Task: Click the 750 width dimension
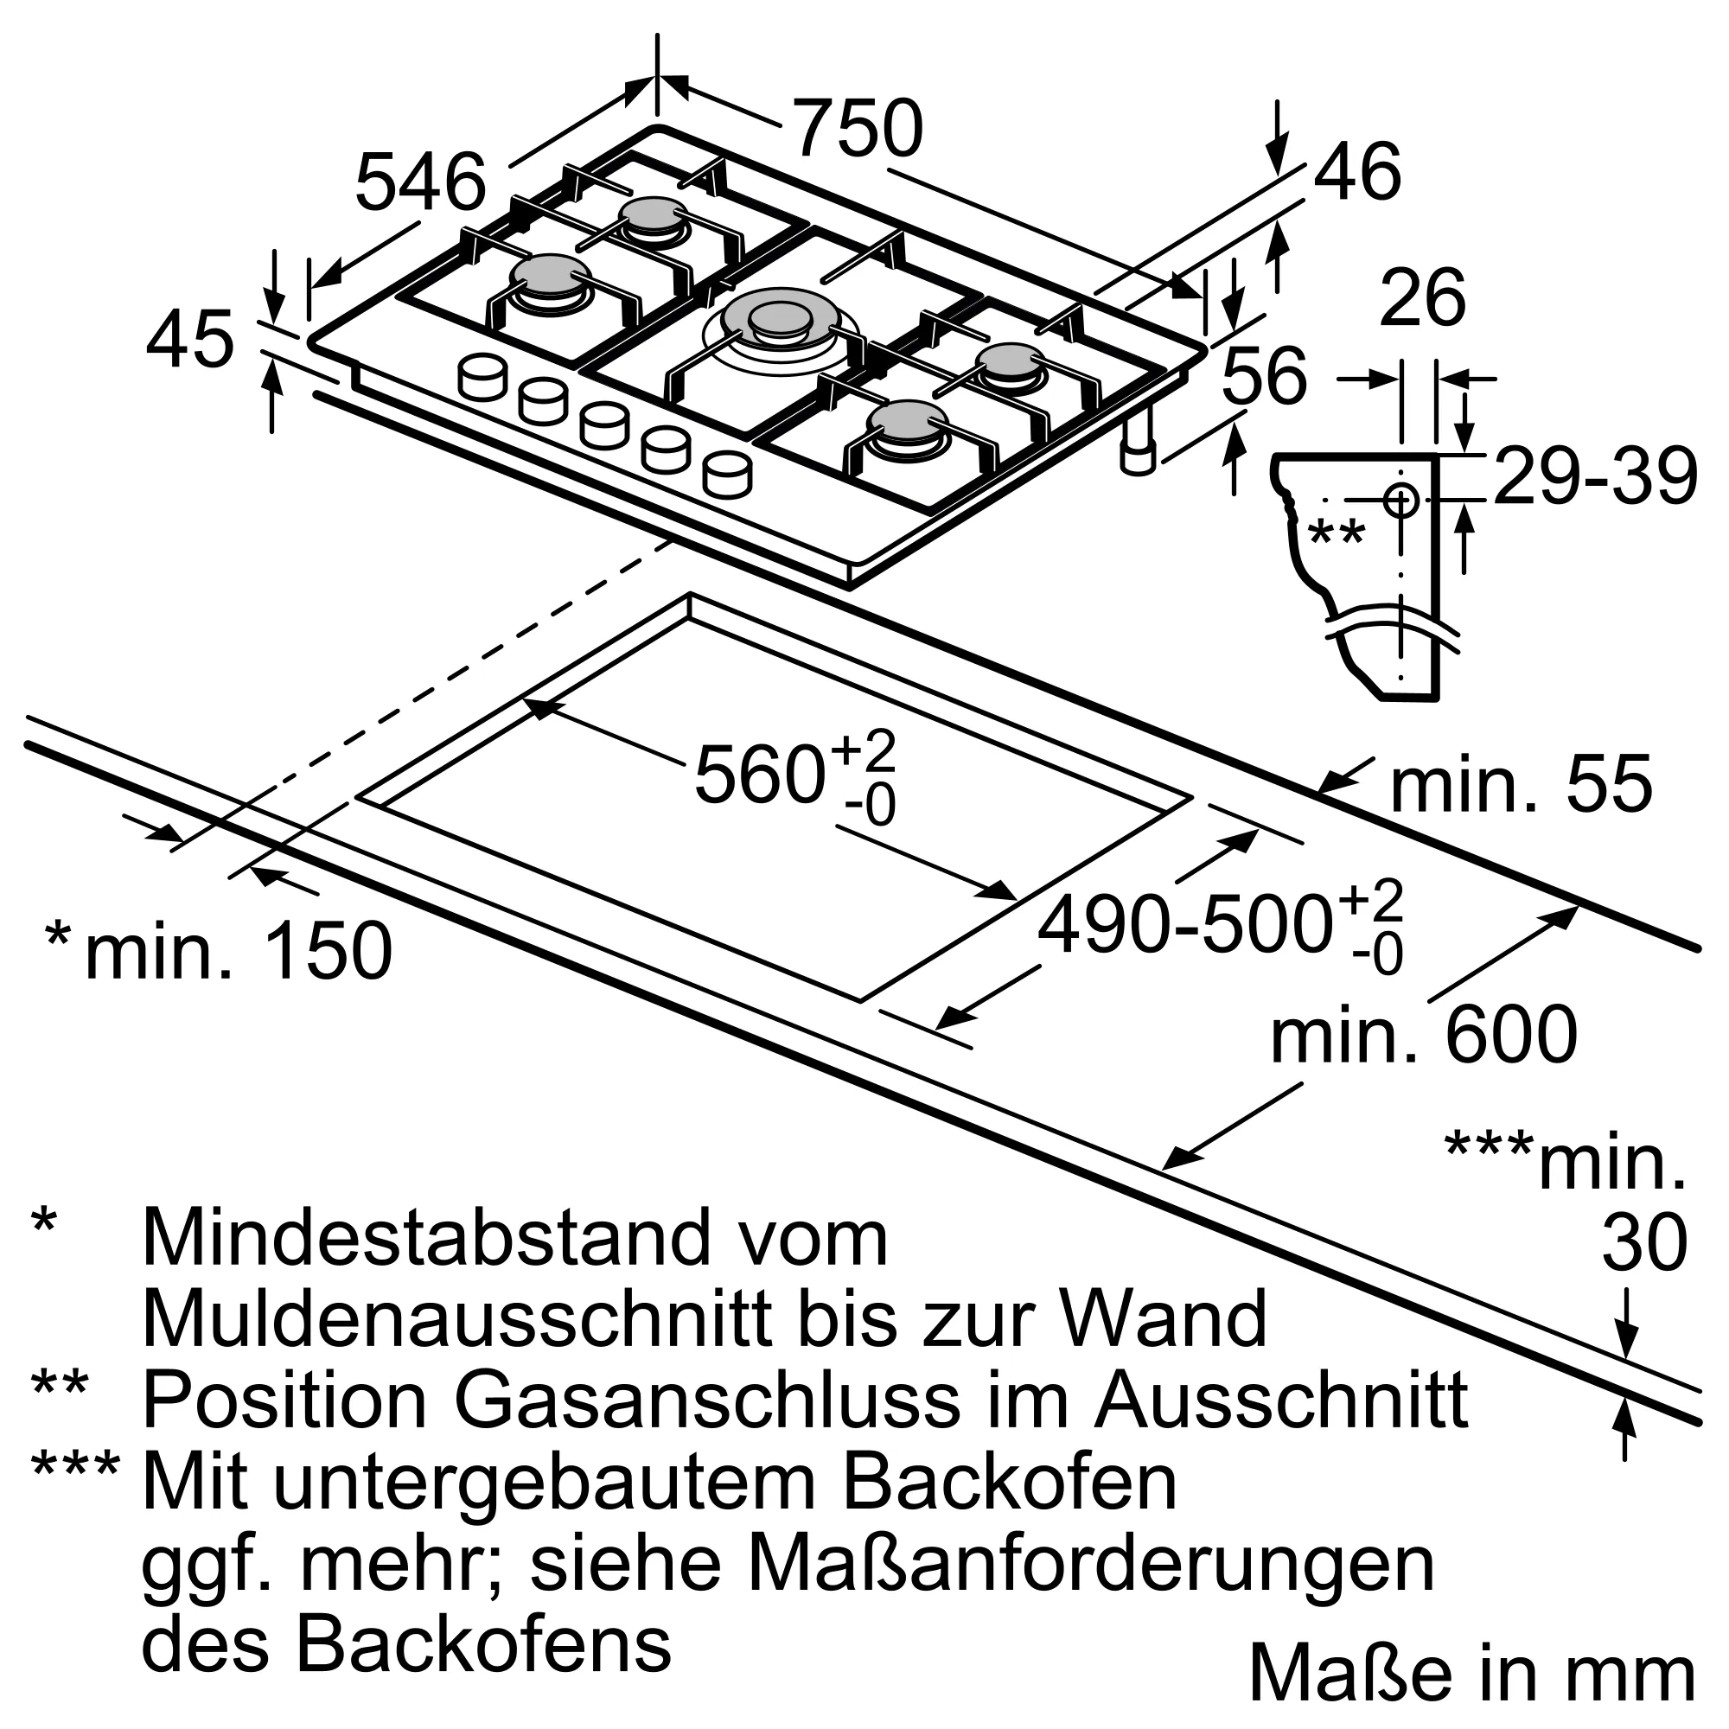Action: click(x=858, y=130)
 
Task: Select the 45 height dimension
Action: click(x=189, y=340)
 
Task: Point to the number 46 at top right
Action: click(x=1356, y=172)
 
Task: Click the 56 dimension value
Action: click(x=1265, y=376)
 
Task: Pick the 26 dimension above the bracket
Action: click(x=1423, y=298)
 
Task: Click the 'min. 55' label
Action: click(x=1521, y=785)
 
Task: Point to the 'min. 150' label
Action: click(x=238, y=950)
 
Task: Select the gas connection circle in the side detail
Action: click(x=1400, y=500)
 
